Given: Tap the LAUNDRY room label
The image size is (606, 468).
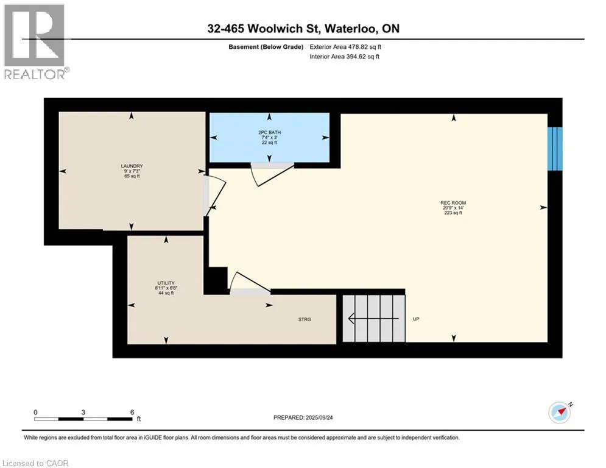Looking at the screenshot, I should pyautogui.click(x=132, y=166).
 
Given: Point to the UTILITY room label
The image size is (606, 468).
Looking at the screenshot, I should pyautogui.click(x=166, y=283).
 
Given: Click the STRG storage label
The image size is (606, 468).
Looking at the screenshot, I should pyautogui.click(x=305, y=319).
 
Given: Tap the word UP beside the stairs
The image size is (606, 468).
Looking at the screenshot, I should pyautogui.click(x=416, y=319).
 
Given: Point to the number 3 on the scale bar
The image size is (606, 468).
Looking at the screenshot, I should pyautogui.click(x=83, y=412).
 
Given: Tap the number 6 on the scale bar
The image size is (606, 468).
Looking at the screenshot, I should pyautogui.click(x=132, y=412).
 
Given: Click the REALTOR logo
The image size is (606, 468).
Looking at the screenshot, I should pyautogui.click(x=35, y=41).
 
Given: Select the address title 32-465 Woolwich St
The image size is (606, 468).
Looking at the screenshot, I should pyautogui.click(x=302, y=29).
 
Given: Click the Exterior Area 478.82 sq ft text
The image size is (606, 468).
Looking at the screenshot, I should pyautogui.click(x=345, y=47).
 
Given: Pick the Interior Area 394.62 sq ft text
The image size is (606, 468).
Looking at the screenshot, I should pyautogui.click(x=345, y=57).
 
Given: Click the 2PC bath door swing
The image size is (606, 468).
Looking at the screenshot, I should pyautogui.click(x=272, y=175).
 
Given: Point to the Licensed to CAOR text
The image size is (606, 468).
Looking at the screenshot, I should pyautogui.click(x=35, y=463).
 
